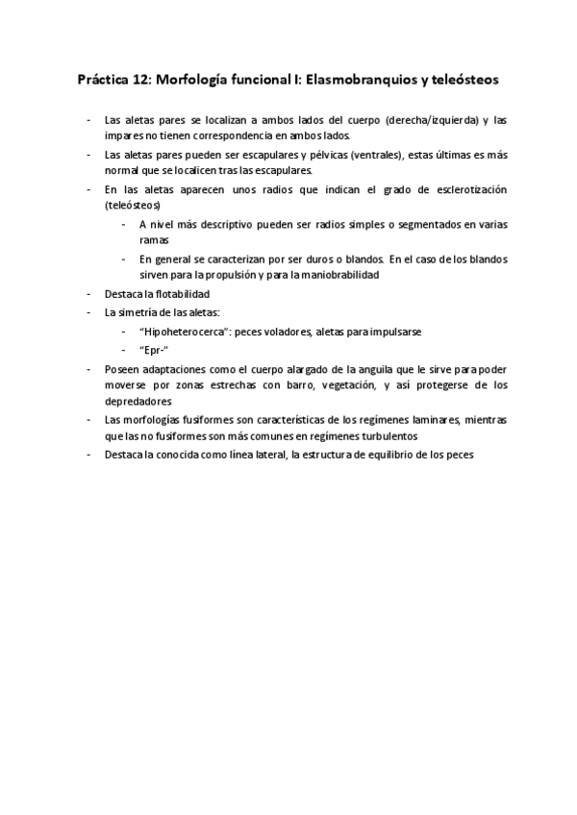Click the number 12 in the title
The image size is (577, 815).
pyautogui.click(x=142, y=81)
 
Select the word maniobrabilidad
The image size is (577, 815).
pyautogui.click(x=332, y=274)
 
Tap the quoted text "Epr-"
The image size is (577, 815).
pyautogui.click(x=152, y=350)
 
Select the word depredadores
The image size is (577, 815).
pyautogui.click(x=138, y=402)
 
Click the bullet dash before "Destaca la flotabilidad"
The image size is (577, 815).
pyautogui.click(x=88, y=294)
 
